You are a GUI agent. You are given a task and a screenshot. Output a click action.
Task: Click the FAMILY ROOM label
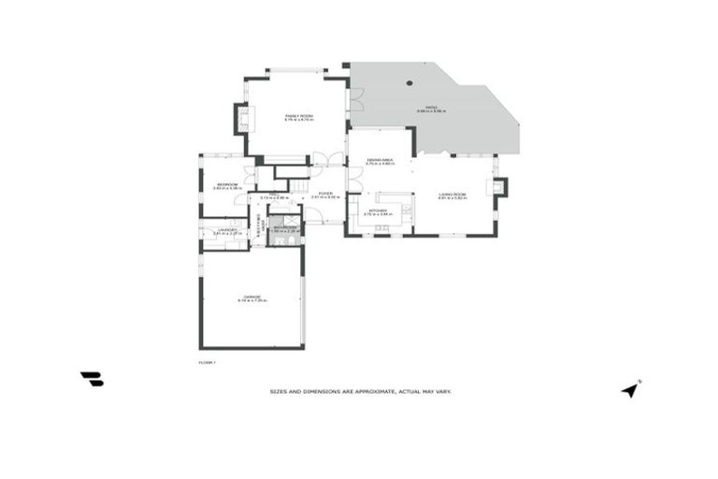tap(299, 116)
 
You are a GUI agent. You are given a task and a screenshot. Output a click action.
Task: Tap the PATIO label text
tap(432, 108)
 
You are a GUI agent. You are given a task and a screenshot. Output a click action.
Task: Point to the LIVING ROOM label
tap(452, 194)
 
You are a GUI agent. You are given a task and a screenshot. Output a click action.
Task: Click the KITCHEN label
tap(378, 210)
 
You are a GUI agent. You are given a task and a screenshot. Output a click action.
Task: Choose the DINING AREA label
tap(379, 160)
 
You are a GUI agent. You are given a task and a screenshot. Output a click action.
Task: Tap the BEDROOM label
tap(226, 184)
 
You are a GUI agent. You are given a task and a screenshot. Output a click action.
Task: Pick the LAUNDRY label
tap(225, 230)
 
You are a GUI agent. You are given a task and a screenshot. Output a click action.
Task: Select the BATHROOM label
tap(284, 226)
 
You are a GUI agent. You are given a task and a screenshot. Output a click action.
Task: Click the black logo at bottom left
tap(92, 378)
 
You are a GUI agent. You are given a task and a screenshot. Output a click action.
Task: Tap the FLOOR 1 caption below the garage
tap(207, 362)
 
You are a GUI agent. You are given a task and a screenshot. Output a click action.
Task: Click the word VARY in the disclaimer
tap(442, 391)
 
